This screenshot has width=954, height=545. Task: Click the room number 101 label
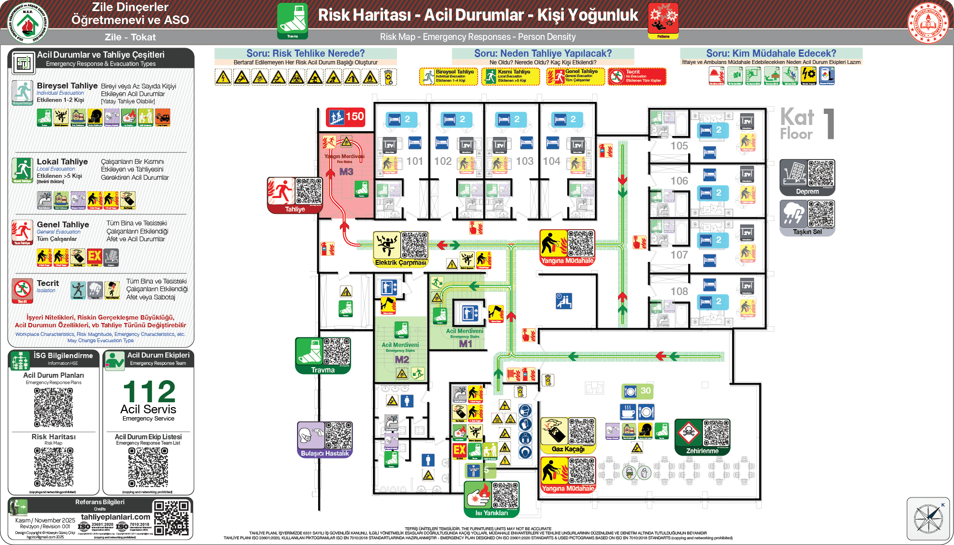click(x=414, y=161)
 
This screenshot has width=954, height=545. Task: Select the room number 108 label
click(x=679, y=291)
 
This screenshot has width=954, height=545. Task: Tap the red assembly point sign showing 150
click(x=346, y=117)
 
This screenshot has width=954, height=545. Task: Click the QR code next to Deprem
click(x=821, y=173)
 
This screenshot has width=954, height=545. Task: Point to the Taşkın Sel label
click(x=807, y=232)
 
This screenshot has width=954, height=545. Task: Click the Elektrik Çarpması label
click(x=400, y=263)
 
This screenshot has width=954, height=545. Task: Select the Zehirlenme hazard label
click(x=702, y=451)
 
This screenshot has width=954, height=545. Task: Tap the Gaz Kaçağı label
click(x=568, y=449)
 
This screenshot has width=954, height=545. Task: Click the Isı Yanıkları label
click(x=491, y=513)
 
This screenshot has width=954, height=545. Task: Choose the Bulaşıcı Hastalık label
click(x=324, y=453)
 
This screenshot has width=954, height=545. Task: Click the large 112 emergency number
click(x=149, y=392)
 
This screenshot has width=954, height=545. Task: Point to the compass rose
click(x=928, y=519)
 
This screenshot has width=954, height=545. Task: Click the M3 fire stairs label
click(x=346, y=172)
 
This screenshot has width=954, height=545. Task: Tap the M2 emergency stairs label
click(x=402, y=359)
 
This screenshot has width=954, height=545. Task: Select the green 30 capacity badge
click(x=637, y=391)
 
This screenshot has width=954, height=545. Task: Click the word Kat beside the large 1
click(x=797, y=117)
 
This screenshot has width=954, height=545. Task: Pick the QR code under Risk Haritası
click(x=53, y=467)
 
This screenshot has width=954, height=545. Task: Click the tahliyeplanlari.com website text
click(x=115, y=517)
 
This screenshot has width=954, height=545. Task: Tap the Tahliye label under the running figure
click(x=295, y=209)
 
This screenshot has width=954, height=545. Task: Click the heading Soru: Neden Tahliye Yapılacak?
click(x=543, y=53)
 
